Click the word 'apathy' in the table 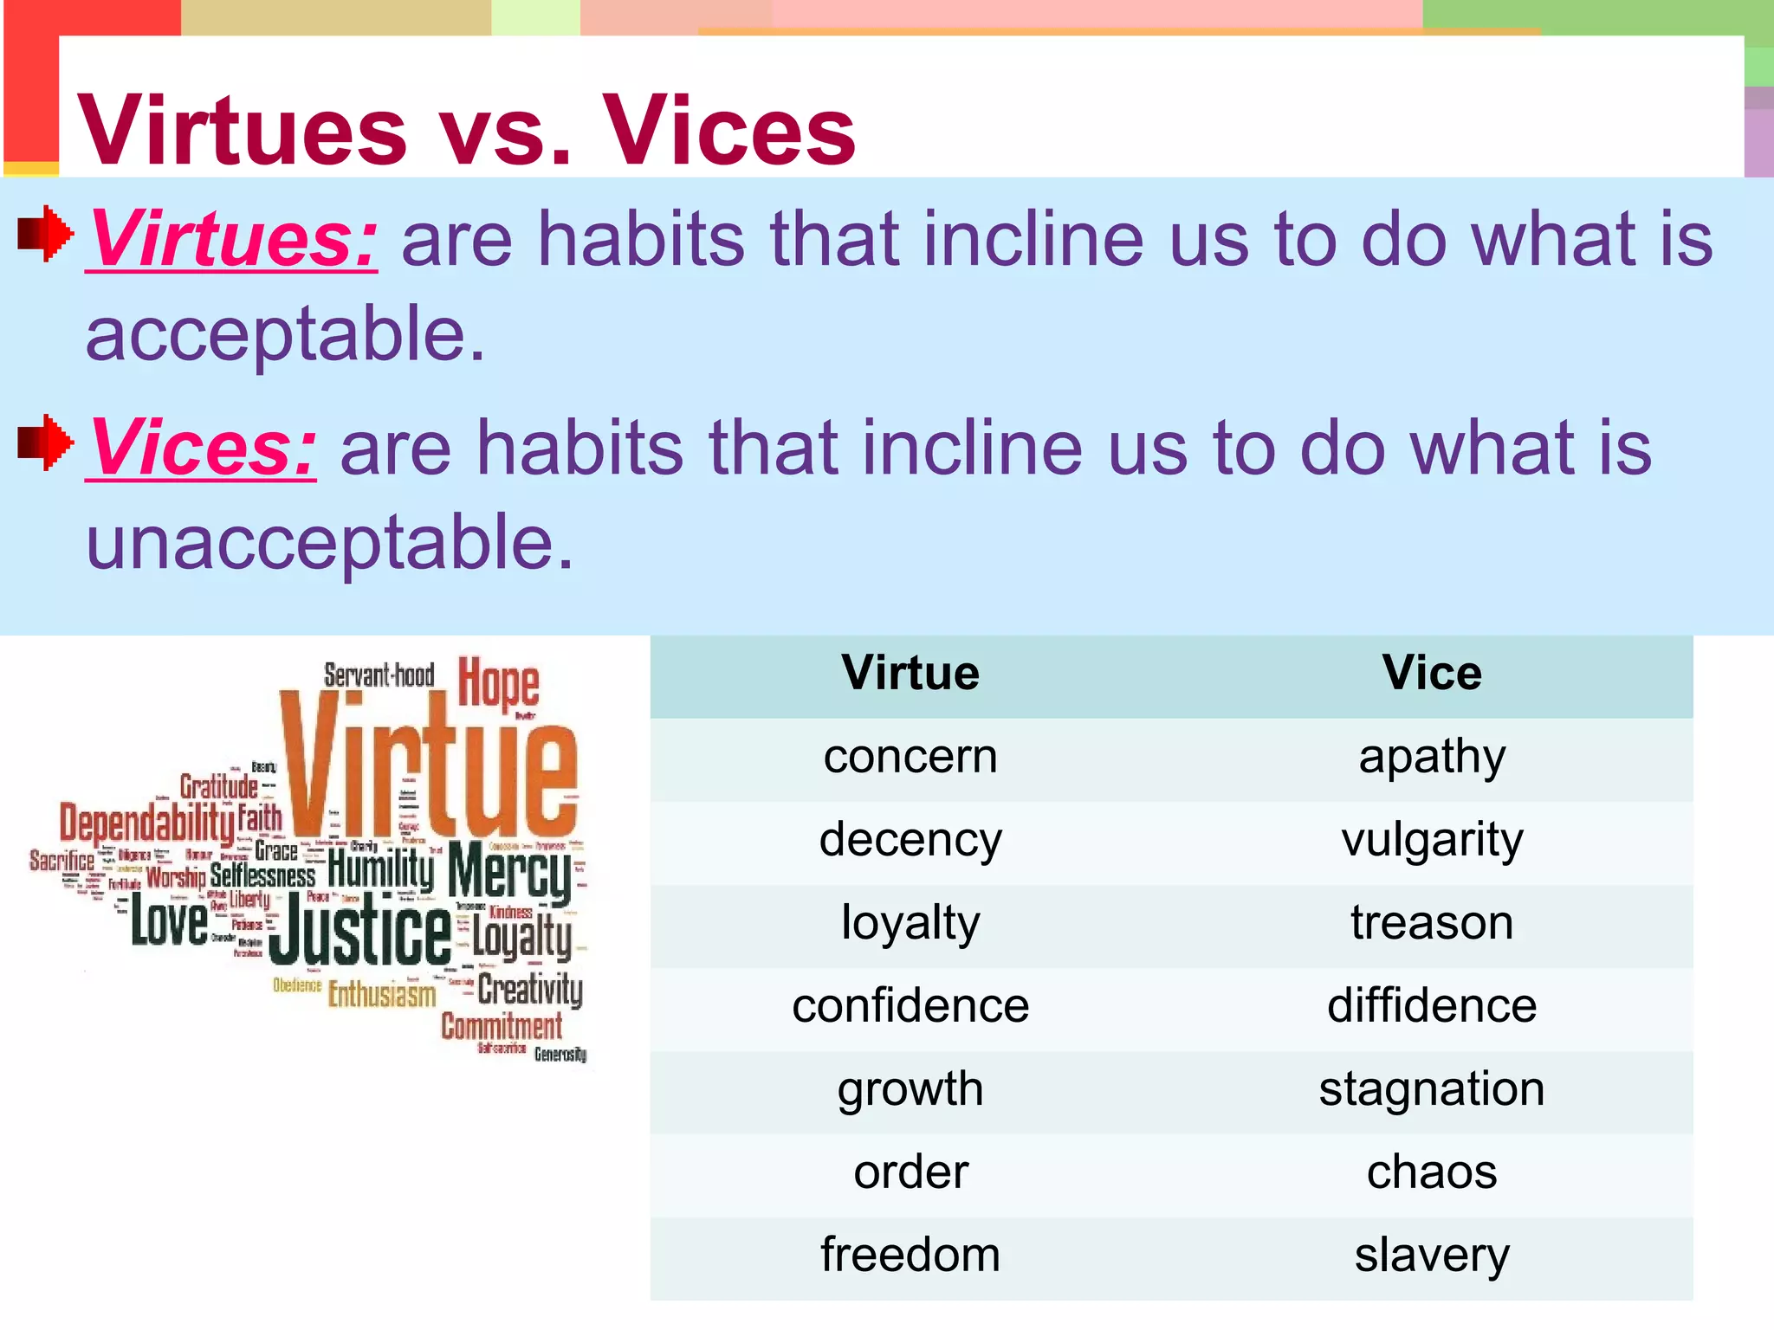1431,758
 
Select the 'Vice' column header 1431,673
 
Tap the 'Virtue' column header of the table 910,673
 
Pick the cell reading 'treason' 1431,923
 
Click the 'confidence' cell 910,1006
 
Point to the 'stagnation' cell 1431,1089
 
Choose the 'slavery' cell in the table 1431,1256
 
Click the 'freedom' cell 910,1256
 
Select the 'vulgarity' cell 1431,840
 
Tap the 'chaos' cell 1431,1172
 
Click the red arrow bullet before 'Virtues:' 45,233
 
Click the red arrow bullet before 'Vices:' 45,442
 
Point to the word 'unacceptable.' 329,542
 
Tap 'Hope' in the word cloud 498,684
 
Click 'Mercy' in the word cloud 509,874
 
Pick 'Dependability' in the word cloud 146,822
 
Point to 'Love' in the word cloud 169,922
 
